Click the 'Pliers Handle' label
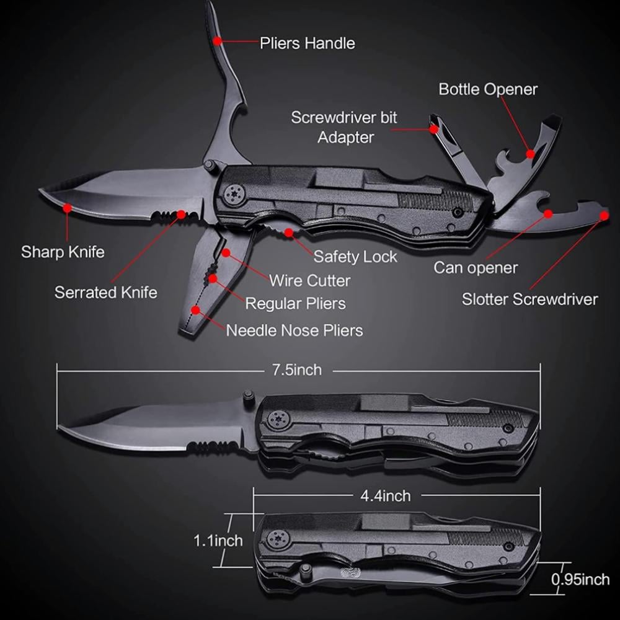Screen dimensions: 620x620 pyautogui.click(x=307, y=43)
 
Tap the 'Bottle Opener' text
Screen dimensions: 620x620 pyautogui.click(x=488, y=89)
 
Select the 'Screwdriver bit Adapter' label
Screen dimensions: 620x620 pyautogui.click(x=345, y=127)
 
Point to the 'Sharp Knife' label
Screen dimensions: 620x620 pyautogui.click(x=63, y=252)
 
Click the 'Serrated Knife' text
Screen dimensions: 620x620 pyautogui.click(x=106, y=292)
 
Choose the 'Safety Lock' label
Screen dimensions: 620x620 pyautogui.click(x=355, y=256)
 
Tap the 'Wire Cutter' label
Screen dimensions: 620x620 pyautogui.click(x=309, y=280)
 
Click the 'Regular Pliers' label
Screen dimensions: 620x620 pyautogui.click(x=295, y=304)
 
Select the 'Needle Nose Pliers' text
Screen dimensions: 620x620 pyautogui.click(x=294, y=330)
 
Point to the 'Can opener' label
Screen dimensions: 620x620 pyautogui.click(x=475, y=268)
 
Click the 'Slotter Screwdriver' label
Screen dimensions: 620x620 pyautogui.click(x=529, y=299)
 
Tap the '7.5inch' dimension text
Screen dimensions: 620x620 pyautogui.click(x=297, y=370)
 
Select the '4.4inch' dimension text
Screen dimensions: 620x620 pyautogui.click(x=385, y=495)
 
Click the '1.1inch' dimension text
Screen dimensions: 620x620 pyautogui.click(x=218, y=541)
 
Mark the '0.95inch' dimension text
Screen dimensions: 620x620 pyautogui.click(x=580, y=580)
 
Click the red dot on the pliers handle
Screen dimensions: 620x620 pyautogui.click(x=218, y=41)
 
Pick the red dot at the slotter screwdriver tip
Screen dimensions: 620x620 pyautogui.click(x=604, y=216)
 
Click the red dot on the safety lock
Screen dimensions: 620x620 pyautogui.click(x=289, y=233)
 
